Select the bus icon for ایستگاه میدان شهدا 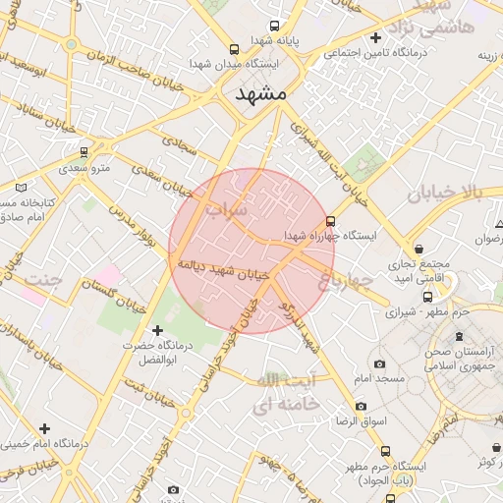(x=233, y=49)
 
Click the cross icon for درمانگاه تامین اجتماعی (x=375, y=38)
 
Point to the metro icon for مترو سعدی (x=84, y=152)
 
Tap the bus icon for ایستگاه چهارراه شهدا (x=330, y=222)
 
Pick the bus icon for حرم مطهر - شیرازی (x=427, y=297)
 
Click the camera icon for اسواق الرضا (x=361, y=406)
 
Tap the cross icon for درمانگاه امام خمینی (x=44, y=428)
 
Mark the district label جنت (x=40, y=280)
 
